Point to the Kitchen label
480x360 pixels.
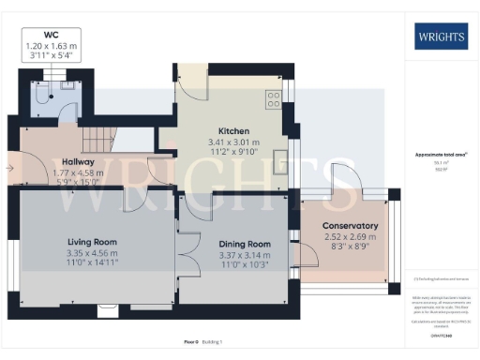(232, 130)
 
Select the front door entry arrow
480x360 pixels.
(10, 169)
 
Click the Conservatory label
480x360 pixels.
(350, 226)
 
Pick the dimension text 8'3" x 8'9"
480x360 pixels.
(350, 247)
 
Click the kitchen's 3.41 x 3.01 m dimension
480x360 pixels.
(232, 142)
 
